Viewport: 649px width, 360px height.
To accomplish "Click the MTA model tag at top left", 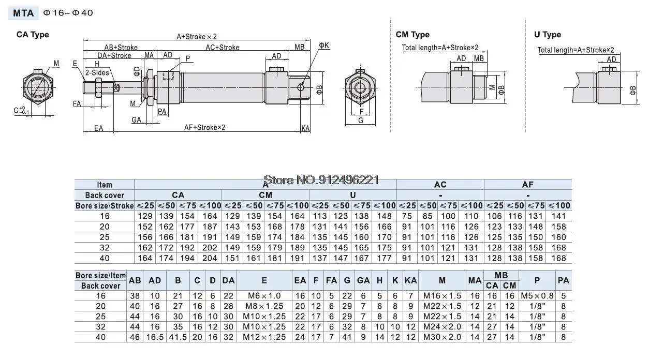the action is [23, 13].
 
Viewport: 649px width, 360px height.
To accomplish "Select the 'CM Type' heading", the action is [412, 35].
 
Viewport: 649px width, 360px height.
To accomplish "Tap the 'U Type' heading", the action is [548, 35].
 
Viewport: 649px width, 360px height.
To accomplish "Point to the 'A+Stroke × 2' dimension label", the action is [197, 37].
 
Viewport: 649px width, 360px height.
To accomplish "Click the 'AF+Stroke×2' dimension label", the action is [204, 127].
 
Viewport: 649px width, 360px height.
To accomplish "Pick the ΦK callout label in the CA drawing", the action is [324, 46].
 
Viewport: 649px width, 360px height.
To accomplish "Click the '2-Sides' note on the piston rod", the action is [97, 72].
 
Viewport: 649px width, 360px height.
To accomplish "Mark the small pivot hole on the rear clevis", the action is [301, 87].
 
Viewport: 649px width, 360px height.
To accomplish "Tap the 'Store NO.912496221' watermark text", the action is [321, 180].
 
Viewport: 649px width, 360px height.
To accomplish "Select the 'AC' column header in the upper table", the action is [440, 185].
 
